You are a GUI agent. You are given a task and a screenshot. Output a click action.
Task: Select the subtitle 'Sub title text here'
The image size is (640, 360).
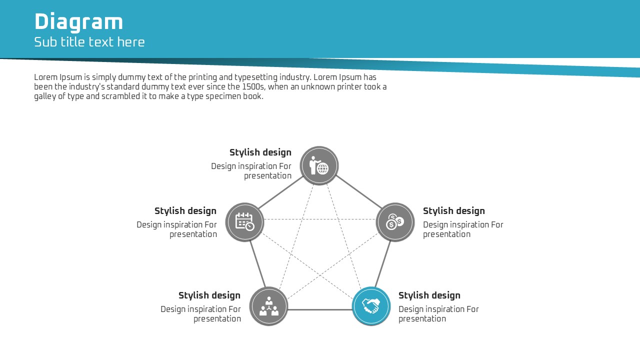pos(89,42)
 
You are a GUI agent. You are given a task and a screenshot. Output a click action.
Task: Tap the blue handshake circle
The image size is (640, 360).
pos(371,306)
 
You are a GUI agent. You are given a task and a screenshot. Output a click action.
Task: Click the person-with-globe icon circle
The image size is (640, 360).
pos(319,165)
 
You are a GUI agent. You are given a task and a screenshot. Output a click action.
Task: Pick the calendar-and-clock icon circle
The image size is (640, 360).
pos(244,221)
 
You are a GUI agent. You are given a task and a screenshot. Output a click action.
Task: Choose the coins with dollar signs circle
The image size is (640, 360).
pos(395,221)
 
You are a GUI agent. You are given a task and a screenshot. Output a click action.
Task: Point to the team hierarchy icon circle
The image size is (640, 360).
pos(268,306)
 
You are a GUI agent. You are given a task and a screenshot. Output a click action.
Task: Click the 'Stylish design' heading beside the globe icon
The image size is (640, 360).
pos(260,152)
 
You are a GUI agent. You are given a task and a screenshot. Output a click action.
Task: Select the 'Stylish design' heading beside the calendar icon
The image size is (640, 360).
pos(185,211)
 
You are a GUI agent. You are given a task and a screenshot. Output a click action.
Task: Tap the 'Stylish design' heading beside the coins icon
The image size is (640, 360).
pos(454,211)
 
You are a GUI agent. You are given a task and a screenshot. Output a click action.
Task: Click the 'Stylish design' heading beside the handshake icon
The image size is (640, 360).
pos(429,295)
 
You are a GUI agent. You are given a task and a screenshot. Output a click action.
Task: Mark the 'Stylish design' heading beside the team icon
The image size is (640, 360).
pos(209,295)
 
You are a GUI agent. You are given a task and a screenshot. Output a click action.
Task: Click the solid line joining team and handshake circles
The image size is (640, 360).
pos(319,309)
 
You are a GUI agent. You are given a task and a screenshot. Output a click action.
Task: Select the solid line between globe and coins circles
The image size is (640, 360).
pos(359,191)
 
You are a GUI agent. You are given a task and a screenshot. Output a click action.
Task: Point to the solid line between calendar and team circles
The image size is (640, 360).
pos(258,264)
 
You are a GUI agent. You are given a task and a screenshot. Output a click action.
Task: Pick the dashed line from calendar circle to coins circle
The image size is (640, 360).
pos(319,219)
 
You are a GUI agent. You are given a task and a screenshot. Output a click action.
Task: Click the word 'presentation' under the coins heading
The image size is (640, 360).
pos(446,234)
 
